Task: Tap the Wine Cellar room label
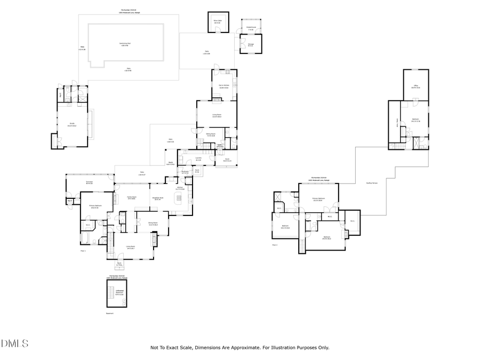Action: coord(217,22)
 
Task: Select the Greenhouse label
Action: coord(251,28)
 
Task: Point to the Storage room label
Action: coord(251,45)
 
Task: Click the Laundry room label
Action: coord(198,159)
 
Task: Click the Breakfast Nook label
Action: coord(158,198)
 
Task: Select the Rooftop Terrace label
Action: coord(371,183)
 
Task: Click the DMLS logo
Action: coord(14,343)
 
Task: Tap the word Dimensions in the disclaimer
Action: coord(210,348)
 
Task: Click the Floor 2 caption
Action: coord(275,245)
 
